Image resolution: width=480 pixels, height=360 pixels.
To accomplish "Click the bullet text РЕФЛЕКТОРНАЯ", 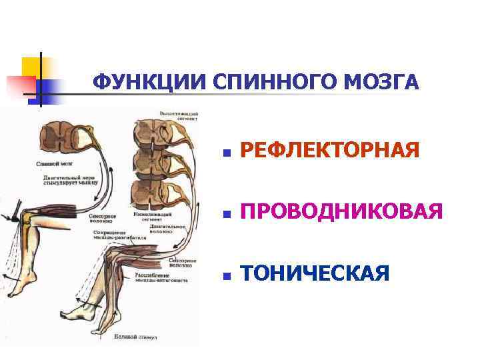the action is tap(329, 152).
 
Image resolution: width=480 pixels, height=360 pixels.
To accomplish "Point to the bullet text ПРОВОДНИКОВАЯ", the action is tap(341, 213).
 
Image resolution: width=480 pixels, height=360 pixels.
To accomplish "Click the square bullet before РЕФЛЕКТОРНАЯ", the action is tap(227, 153).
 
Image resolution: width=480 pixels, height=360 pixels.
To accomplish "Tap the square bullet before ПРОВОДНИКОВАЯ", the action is tap(227, 214).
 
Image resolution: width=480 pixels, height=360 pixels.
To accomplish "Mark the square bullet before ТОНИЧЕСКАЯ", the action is tap(227, 275).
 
